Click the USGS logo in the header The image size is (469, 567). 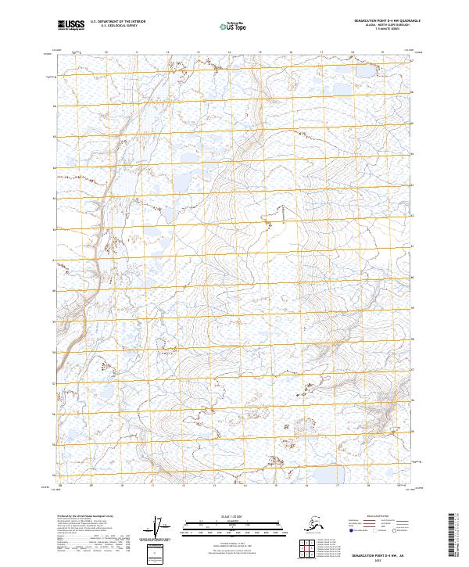69,26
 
